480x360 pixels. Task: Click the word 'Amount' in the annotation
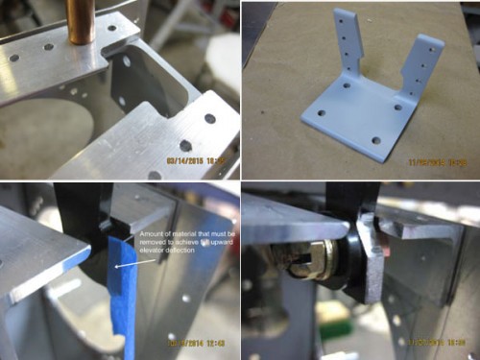[x=152, y=234]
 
